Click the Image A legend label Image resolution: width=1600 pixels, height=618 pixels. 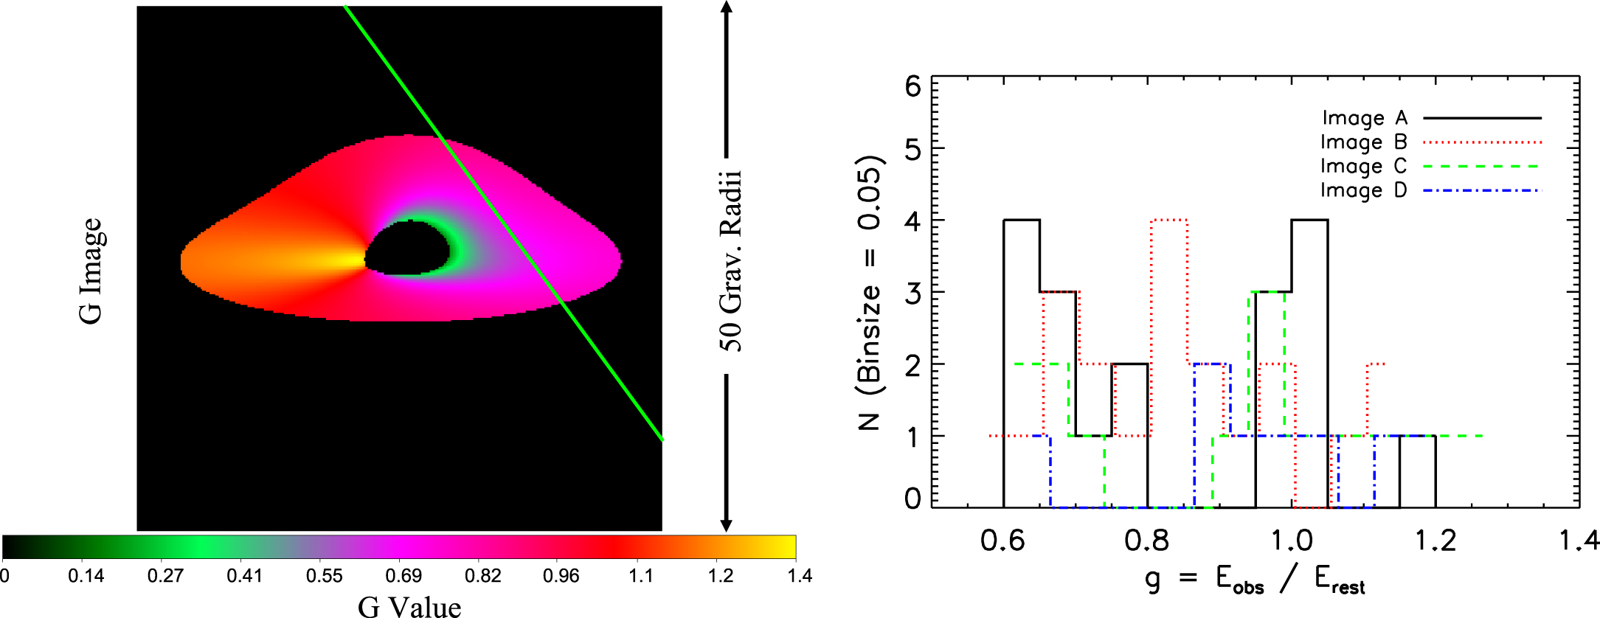coord(1365,118)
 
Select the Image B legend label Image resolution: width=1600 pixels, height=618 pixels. coord(1363,142)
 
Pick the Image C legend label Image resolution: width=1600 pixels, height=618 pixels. coord(1363,167)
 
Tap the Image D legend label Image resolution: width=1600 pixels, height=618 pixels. coord(1363,191)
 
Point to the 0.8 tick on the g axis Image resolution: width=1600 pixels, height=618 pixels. coord(1147,541)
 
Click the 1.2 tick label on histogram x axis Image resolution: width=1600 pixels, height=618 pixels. coord(1436,541)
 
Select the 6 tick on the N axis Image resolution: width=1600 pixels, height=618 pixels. coord(913,87)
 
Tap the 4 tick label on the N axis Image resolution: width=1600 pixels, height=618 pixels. coord(913,221)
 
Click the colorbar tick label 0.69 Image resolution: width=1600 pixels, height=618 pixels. coord(404,576)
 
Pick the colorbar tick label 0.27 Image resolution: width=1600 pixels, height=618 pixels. coord(165,576)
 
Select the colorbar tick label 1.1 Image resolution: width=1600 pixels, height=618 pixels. coord(641,576)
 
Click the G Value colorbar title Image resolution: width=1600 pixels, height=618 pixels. coord(409,606)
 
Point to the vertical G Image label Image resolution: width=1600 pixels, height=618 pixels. coord(91,271)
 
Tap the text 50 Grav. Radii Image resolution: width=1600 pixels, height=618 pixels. coord(730,261)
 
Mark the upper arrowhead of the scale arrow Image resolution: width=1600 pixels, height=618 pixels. coord(727,7)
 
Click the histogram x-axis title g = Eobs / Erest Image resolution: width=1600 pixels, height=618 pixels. coord(1255,580)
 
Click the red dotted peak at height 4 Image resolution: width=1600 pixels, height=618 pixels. coord(1169,220)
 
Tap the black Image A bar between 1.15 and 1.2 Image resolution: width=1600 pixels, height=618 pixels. coord(1417,436)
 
